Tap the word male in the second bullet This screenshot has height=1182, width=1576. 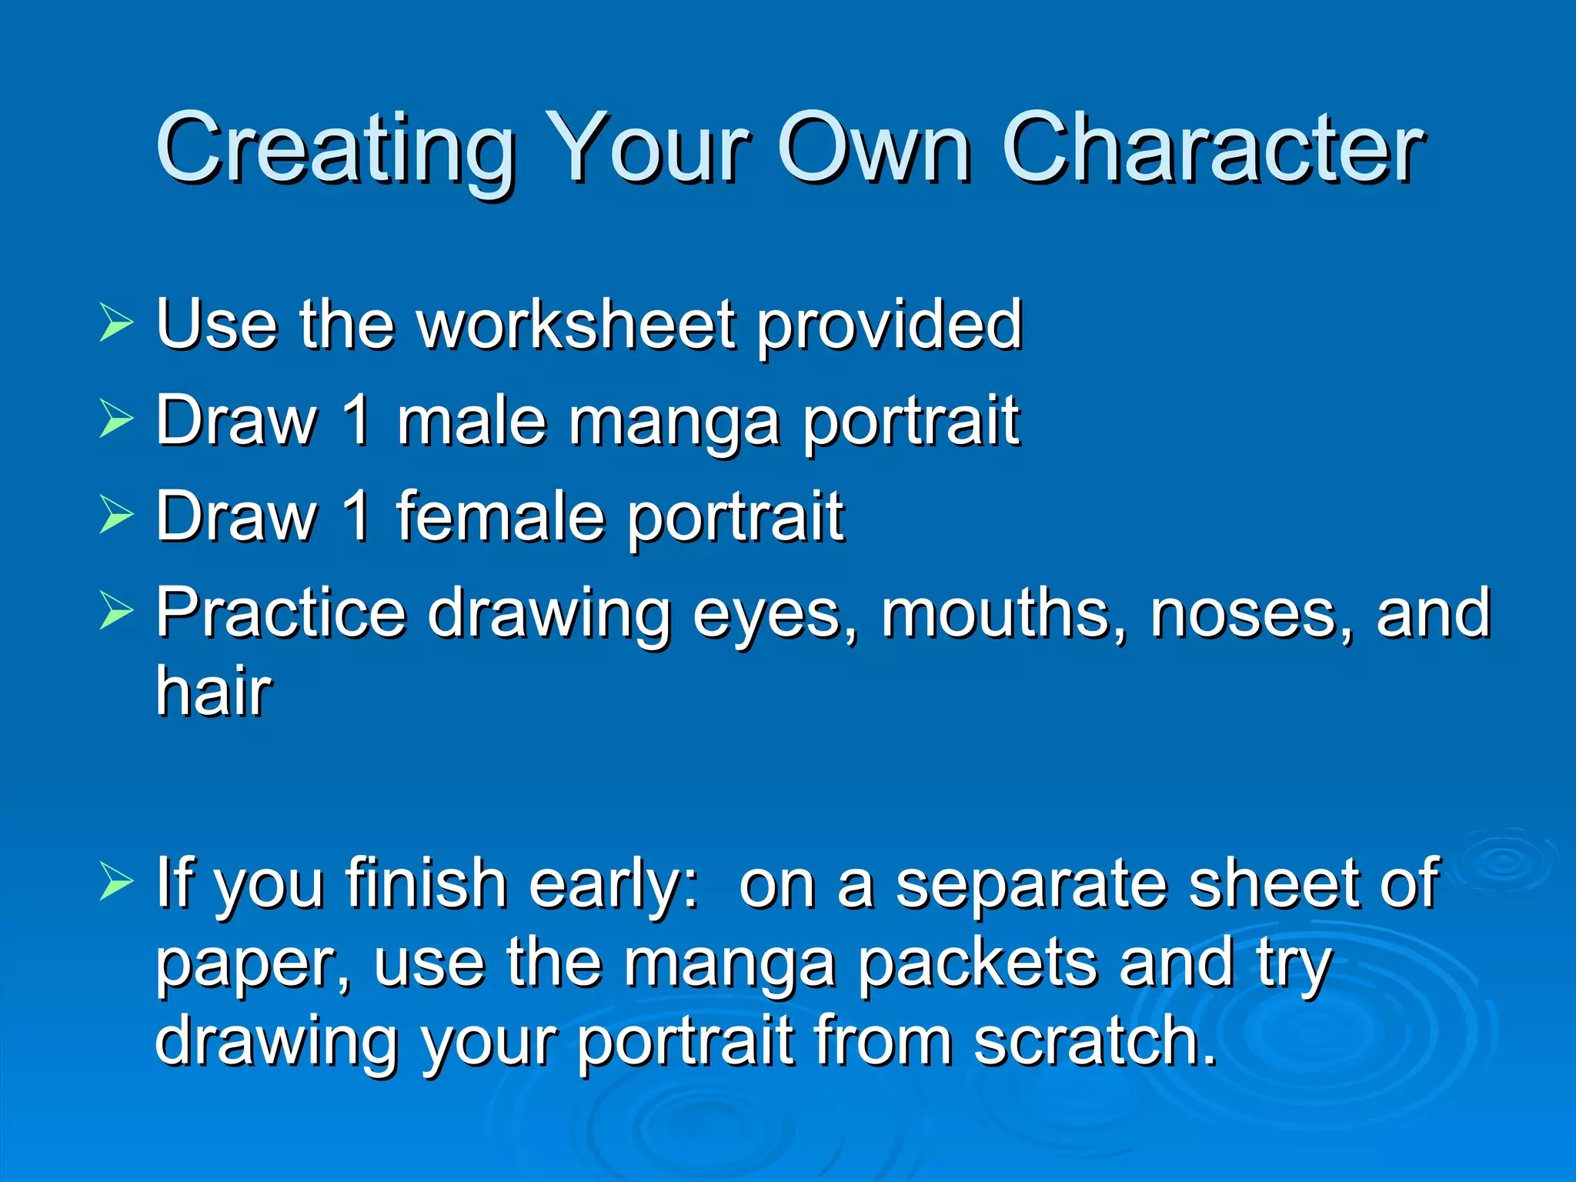[471, 421]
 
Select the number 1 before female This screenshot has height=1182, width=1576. [356, 516]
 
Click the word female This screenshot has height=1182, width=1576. [500, 516]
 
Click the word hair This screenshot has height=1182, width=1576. [213, 690]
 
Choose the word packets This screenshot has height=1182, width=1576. [977, 964]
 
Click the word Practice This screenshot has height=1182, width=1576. [281, 613]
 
